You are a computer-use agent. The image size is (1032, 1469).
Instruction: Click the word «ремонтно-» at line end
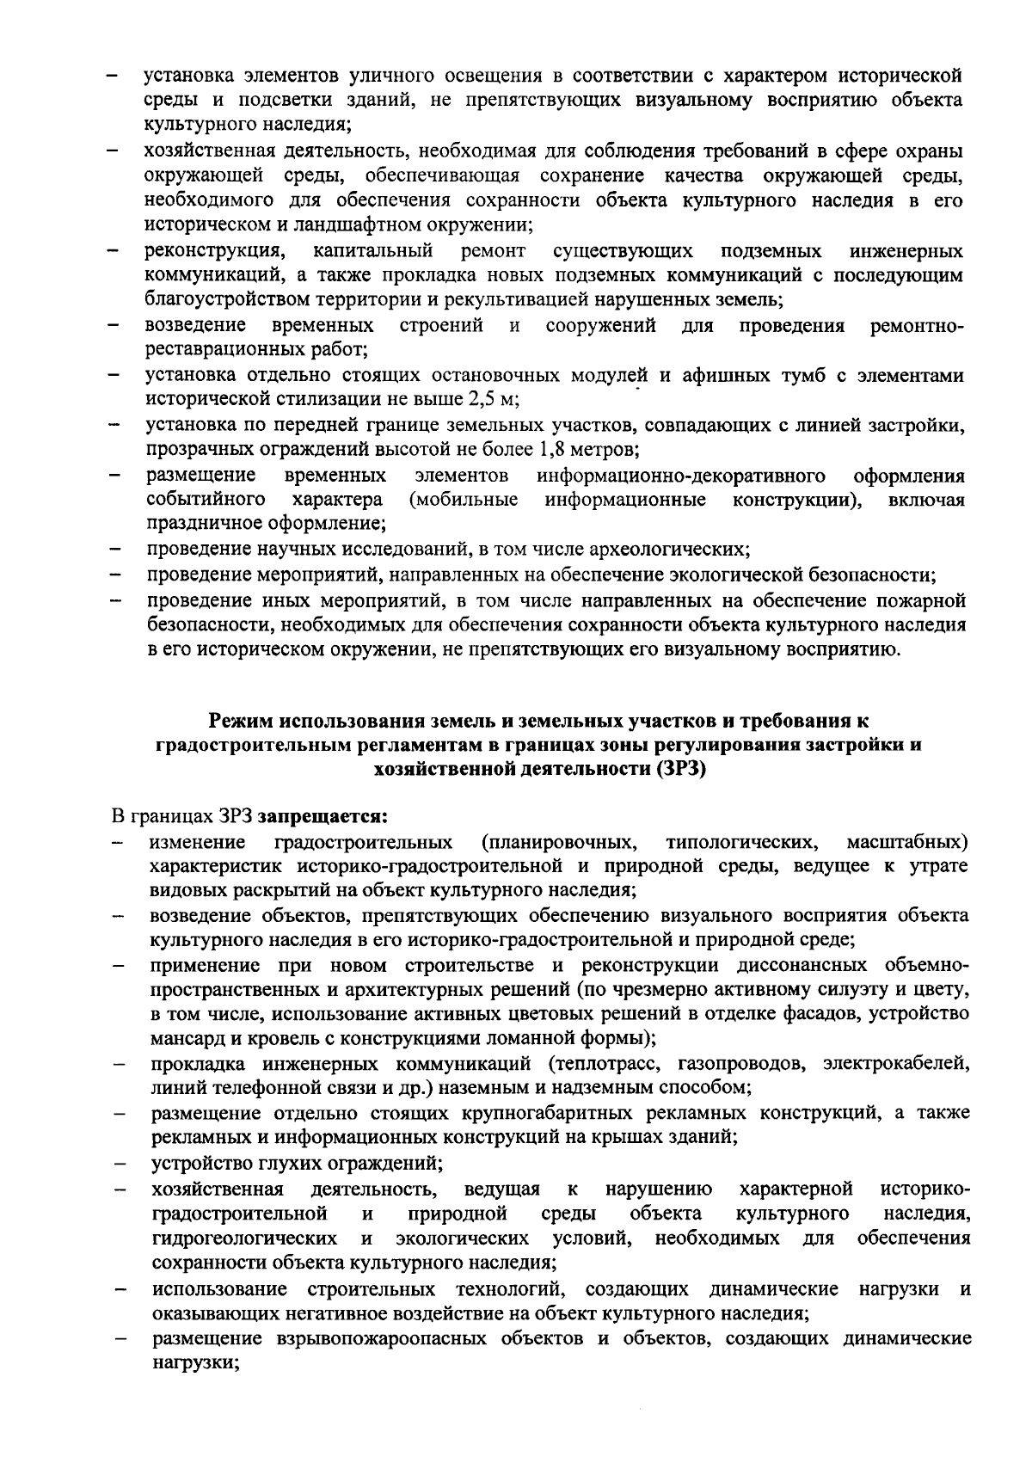coord(917,326)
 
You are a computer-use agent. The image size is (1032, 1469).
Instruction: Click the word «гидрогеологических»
coord(244,1239)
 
